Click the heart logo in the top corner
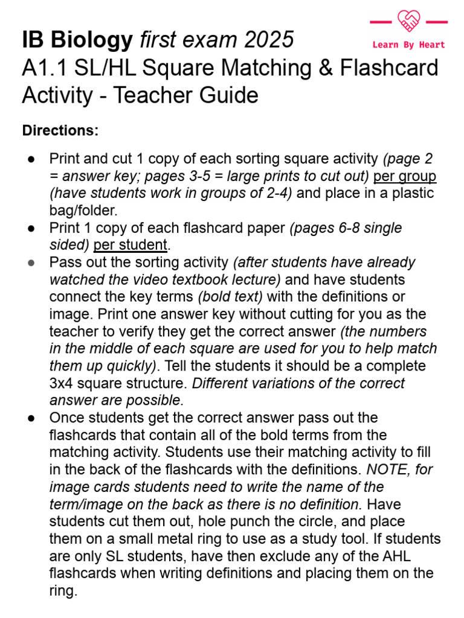[408, 22]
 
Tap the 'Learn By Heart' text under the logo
[408, 45]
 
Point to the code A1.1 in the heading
[45, 68]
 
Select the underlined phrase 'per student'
[130, 245]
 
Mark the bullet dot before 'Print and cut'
[32, 159]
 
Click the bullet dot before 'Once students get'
[32, 418]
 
